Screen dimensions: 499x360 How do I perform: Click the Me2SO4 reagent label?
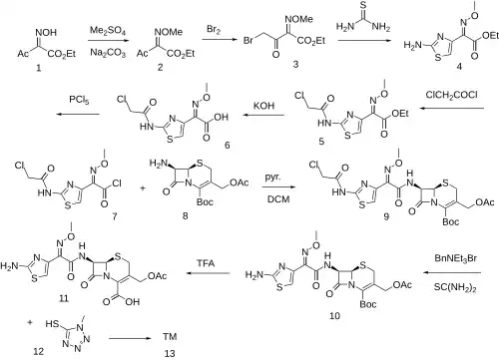tap(108, 32)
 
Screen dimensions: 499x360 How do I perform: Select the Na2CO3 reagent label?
tap(108, 54)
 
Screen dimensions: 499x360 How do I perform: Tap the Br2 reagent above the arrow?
tap(214, 30)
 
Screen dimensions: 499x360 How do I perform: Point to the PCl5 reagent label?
tap(79, 100)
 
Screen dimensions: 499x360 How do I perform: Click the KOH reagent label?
tap(263, 106)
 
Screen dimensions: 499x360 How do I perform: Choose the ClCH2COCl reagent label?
tap(451, 95)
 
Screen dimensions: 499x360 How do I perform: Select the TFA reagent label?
tap(206, 263)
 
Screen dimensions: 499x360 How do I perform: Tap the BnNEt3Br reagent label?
tap(455, 258)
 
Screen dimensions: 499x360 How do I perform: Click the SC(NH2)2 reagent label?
tap(455, 287)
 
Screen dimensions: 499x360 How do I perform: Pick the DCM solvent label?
tap(278, 199)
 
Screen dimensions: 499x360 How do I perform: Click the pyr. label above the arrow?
tap(272, 178)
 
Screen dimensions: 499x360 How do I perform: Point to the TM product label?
tap(170, 337)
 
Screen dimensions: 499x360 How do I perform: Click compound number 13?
tap(170, 353)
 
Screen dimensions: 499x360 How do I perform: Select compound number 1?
tap(39, 68)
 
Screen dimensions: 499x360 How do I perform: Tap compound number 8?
tap(185, 216)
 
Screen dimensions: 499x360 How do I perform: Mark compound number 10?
tap(334, 315)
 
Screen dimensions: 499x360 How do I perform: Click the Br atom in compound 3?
tap(249, 41)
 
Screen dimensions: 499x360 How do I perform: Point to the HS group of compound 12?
tap(52, 323)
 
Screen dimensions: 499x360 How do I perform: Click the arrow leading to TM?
tap(130, 339)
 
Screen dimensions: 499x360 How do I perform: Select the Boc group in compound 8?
tap(205, 201)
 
